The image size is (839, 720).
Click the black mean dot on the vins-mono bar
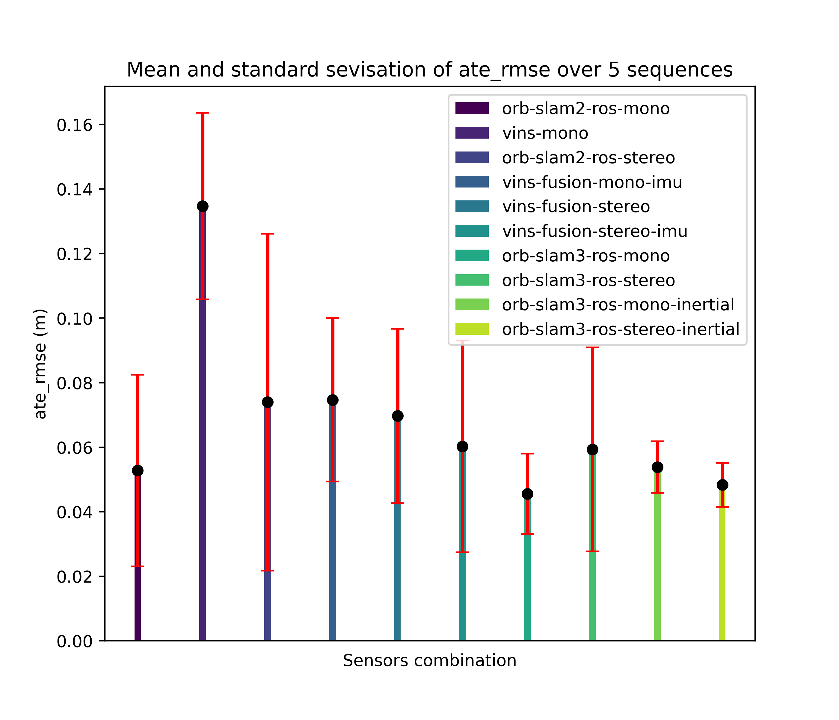203,206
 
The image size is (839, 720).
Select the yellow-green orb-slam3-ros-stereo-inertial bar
722,576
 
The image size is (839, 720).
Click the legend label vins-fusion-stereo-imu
594,231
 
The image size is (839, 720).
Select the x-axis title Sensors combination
430,661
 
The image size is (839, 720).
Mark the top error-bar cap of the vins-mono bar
203,113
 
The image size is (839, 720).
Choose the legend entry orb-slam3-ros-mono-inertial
618,305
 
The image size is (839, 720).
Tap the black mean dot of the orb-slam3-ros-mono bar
527,494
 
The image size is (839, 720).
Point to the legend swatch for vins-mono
472,133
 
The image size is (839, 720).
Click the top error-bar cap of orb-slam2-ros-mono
138,375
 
